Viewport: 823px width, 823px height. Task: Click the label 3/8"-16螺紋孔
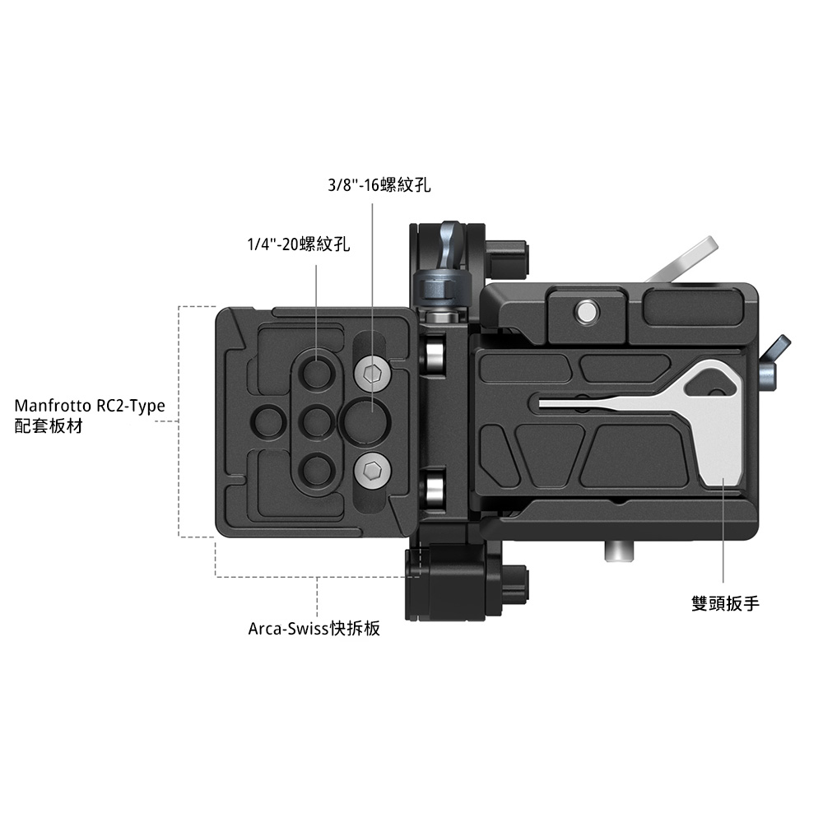pos(379,185)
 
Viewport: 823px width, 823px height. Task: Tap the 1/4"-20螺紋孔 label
pos(298,244)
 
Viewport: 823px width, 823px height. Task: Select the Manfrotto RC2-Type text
pos(90,406)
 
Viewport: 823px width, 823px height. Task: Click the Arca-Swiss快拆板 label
pos(314,628)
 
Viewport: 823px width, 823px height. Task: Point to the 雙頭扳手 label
pos(725,603)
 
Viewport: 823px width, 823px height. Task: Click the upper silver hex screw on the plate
pos(373,374)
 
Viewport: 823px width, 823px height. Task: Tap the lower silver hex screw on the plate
pos(373,470)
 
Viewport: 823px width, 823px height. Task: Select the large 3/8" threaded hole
pos(365,421)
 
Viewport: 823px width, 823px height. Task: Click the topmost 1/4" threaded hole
pos(317,372)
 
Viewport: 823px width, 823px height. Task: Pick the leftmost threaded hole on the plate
pos(269,421)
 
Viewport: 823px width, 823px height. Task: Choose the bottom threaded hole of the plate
pos(317,470)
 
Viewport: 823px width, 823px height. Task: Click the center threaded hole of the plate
pos(317,421)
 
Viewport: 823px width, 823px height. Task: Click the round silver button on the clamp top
pos(586,311)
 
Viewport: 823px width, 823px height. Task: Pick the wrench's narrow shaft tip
pos(542,402)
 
